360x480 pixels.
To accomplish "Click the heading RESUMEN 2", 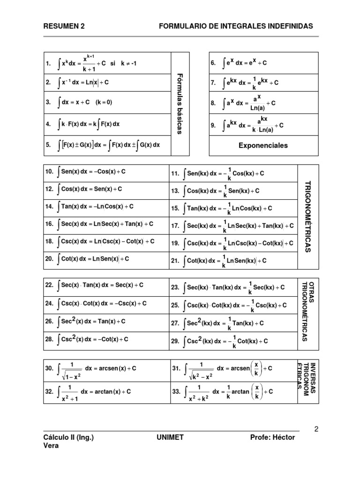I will [x=64, y=27].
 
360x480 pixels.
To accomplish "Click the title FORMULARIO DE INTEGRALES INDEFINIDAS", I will [x=236, y=27].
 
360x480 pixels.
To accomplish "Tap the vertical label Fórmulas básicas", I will [x=180, y=104].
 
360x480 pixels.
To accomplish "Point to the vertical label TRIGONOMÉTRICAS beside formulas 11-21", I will [x=307, y=217].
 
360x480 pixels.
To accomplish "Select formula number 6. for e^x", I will [x=213, y=63].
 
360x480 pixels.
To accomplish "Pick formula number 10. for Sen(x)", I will [x=50, y=172].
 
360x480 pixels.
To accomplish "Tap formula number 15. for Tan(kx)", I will [x=176, y=209].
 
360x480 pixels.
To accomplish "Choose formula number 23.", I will [x=176, y=287].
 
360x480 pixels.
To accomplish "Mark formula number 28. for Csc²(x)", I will [x=50, y=339].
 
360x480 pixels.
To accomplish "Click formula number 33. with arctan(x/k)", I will [x=176, y=391].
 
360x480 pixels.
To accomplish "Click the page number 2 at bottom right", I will [x=316, y=428].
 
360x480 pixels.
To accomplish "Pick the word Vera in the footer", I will [x=51, y=446].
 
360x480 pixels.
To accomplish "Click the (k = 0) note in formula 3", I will [x=104, y=102].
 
